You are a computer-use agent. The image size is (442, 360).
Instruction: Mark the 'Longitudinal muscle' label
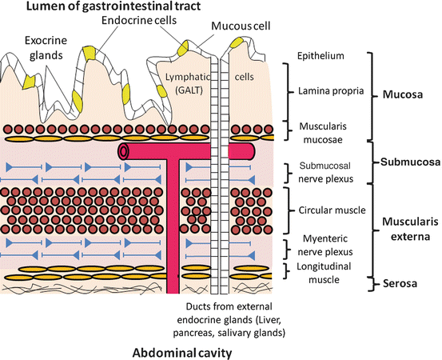click(318, 273)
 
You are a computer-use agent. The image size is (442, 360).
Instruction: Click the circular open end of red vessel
click(122, 151)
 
